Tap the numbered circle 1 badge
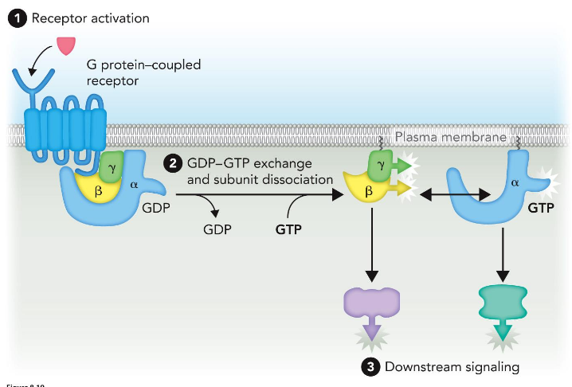(x=16, y=17)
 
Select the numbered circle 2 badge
(x=172, y=164)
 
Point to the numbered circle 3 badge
(x=370, y=366)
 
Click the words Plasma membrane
(x=450, y=138)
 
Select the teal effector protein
(x=502, y=303)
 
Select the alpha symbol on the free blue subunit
(x=515, y=182)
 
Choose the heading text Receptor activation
(x=90, y=18)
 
